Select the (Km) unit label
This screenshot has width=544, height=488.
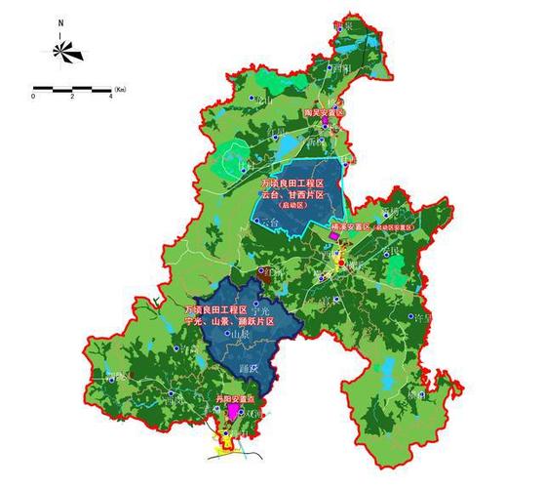tap(120, 90)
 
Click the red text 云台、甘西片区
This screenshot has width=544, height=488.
tap(291, 195)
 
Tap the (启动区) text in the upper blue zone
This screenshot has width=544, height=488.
tap(291, 207)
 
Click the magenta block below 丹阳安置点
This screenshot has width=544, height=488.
tap(232, 413)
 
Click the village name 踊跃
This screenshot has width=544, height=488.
tap(248, 369)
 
